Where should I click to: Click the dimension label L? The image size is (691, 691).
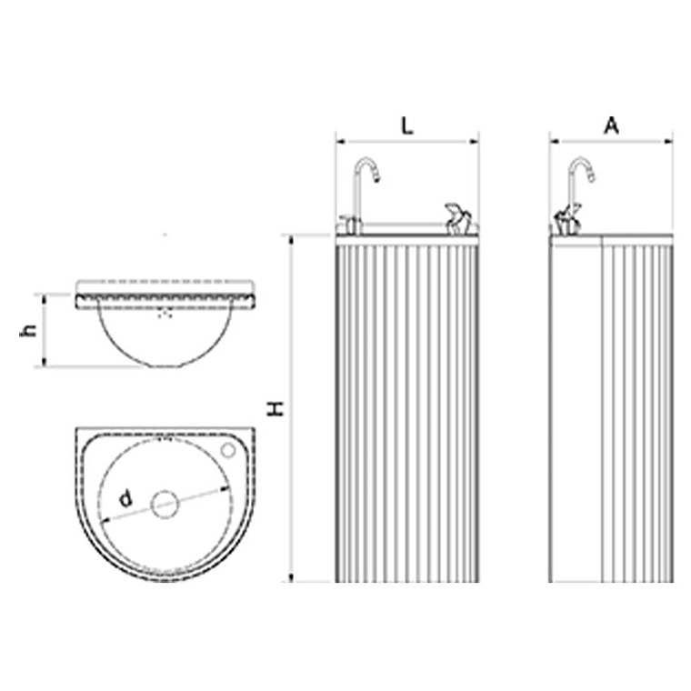click(407, 126)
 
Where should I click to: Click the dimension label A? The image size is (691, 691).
click(612, 126)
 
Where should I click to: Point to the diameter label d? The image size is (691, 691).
click(126, 497)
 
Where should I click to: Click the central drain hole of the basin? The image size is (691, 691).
click(165, 504)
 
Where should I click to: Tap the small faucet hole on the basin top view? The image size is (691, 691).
click(229, 450)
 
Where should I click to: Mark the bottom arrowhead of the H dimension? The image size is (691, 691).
click(292, 577)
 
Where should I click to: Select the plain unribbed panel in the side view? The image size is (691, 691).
click(576, 409)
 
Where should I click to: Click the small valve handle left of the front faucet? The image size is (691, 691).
click(345, 222)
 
